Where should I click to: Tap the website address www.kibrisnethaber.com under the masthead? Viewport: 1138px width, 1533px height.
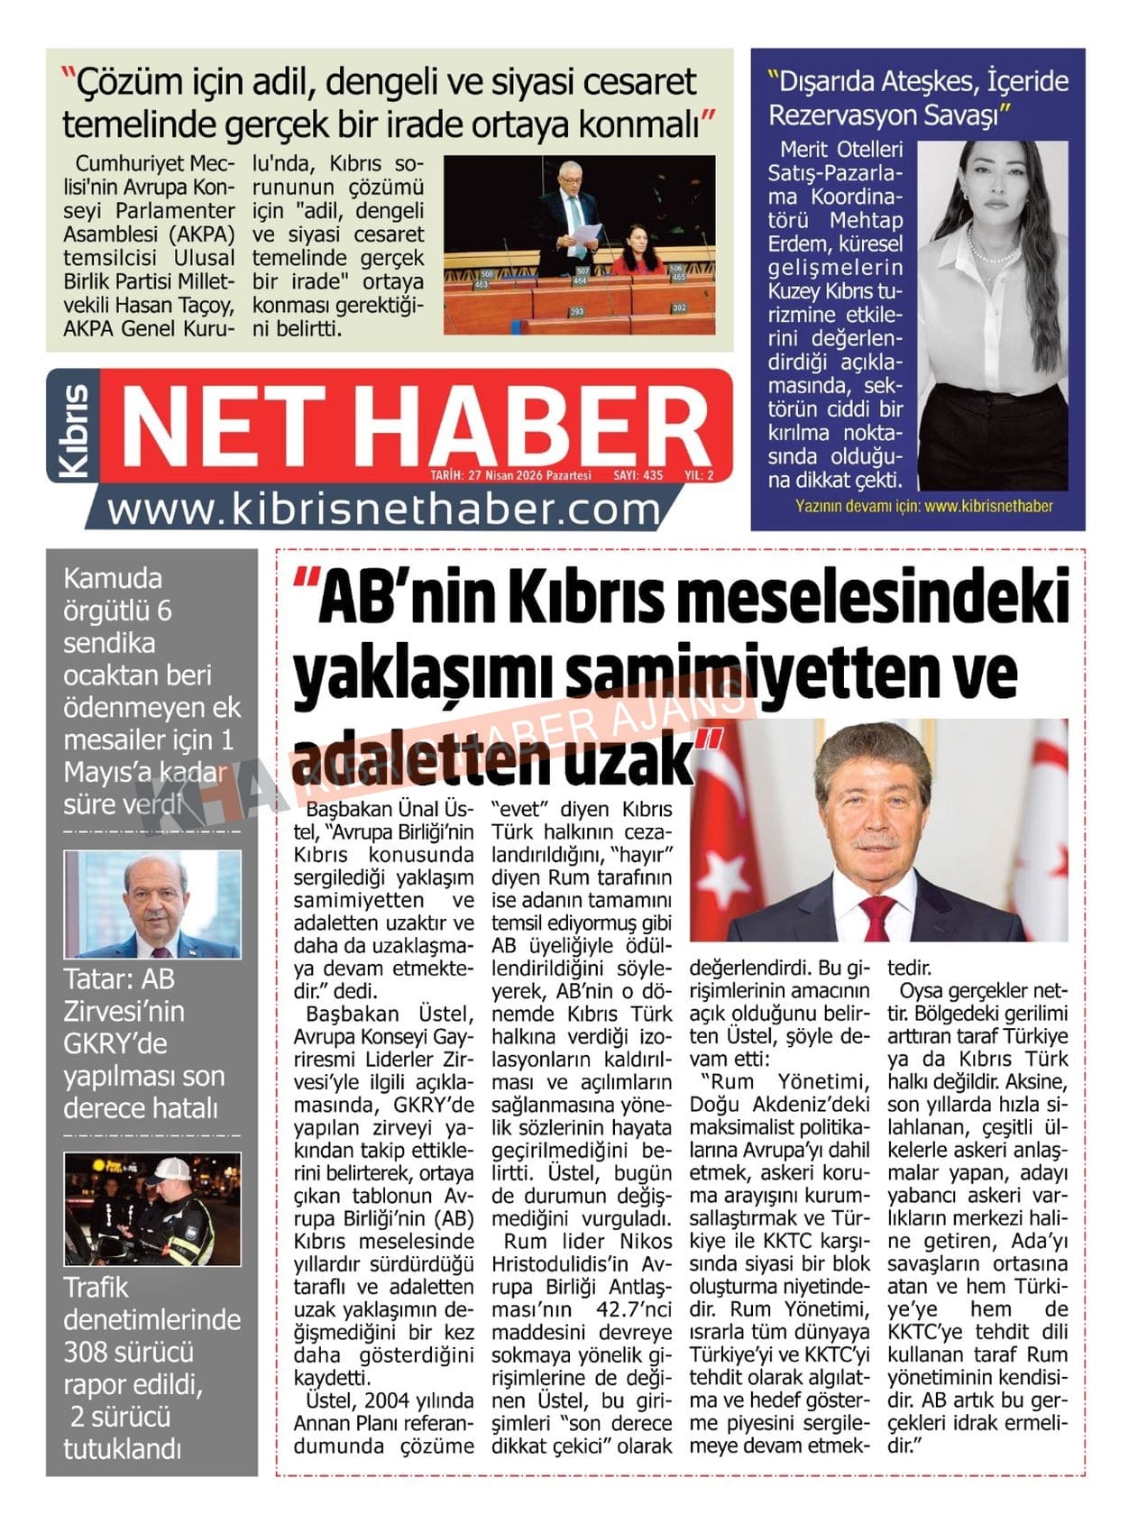(x=383, y=510)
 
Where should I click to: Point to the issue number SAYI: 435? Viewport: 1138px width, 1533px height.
(x=638, y=475)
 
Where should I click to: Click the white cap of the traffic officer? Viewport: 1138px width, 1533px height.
(x=170, y=1170)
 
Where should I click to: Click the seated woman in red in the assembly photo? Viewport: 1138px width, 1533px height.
(x=638, y=252)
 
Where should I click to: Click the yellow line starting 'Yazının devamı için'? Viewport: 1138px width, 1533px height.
(x=923, y=507)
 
